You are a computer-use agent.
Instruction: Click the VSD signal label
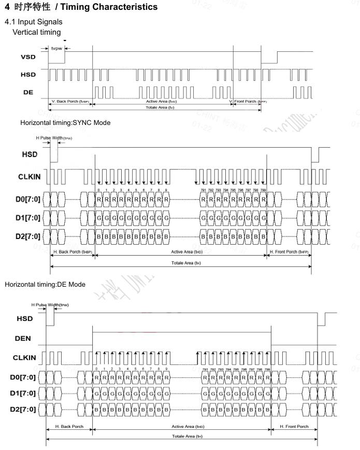[x=28, y=58]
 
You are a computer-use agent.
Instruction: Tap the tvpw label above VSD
[x=56, y=48]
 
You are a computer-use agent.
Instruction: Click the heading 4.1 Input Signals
[x=33, y=21]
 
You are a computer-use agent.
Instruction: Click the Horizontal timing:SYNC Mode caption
[x=65, y=123]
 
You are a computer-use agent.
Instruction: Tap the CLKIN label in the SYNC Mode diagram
[x=30, y=177]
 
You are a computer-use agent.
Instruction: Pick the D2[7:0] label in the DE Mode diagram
[x=23, y=410]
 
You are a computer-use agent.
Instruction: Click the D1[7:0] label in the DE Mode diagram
[x=23, y=393]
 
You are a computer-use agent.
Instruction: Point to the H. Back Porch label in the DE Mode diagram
[x=69, y=427]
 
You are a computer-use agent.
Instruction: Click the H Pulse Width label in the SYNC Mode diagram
[x=54, y=138]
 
